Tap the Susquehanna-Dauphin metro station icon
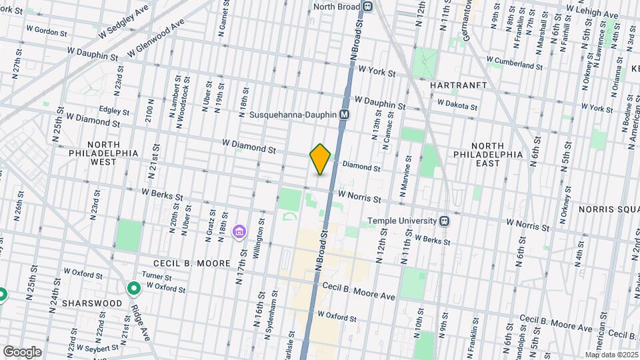tap(345, 115)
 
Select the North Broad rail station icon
tap(367, 7)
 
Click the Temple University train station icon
tap(443, 221)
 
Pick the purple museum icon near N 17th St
tap(239, 232)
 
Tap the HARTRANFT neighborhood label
tap(455, 86)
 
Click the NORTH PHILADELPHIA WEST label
tap(103, 153)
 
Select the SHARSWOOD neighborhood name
tap(92, 303)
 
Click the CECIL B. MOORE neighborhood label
tap(183, 263)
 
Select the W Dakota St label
tap(457, 106)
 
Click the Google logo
tap(22, 351)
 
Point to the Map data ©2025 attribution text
tap(611, 355)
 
